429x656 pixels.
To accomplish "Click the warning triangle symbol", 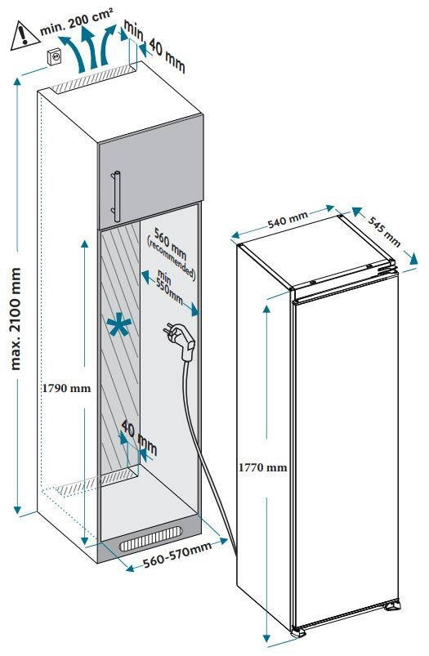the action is (x=25, y=37).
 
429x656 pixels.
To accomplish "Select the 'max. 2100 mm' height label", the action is (x=15, y=319).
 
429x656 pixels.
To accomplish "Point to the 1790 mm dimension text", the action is (x=66, y=388).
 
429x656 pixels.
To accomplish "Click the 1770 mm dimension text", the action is (x=263, y=467).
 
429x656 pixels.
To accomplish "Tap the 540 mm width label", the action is (x=288, y=219).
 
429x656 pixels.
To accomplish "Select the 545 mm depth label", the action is (x=384, y=231).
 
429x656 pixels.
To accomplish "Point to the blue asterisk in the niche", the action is (x=118, y=327).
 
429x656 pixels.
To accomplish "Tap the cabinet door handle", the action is (x=115, y=196).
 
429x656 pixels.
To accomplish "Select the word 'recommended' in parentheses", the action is (x=171, y=258).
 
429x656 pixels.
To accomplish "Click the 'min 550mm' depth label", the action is (x=169, y=286).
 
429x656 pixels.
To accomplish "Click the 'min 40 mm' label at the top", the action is (x=154, y=46).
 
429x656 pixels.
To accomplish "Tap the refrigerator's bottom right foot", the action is (x=392, y=605).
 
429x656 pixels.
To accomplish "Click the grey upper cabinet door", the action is (x=150, y=174).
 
